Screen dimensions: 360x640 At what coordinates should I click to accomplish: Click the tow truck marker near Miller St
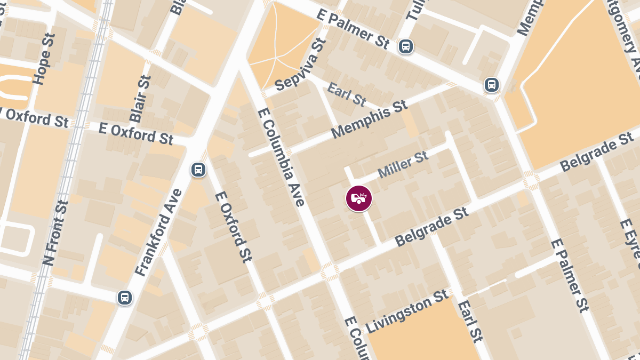click(359, 198)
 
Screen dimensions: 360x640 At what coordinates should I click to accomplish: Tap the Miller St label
click(403, 165)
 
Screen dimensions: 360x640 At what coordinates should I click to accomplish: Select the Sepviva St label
click(300, 66)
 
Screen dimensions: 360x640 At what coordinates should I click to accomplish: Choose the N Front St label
click(55, 233)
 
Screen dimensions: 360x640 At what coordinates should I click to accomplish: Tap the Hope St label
click(44, 66)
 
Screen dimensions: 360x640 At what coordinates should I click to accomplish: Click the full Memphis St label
click(369, 119)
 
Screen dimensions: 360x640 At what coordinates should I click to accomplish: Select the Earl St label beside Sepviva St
click(347, 93)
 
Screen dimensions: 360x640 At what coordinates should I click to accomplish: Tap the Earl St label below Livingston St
click(470, 321)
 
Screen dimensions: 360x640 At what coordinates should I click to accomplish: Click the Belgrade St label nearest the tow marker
click(432, 227)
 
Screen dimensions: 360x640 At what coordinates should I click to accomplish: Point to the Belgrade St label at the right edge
click(597, 153)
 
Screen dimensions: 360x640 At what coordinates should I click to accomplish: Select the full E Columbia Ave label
click(281, 157)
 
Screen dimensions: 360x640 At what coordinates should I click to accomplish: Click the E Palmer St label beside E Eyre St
click(570, 274)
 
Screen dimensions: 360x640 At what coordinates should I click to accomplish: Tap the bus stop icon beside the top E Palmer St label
click(406, 46)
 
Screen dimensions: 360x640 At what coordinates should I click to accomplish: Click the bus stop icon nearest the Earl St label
click(491, 84)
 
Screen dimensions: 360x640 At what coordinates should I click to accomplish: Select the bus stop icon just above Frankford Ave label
click(198, 170)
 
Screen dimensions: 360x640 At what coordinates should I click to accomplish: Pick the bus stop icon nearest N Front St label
click(125, 297)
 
